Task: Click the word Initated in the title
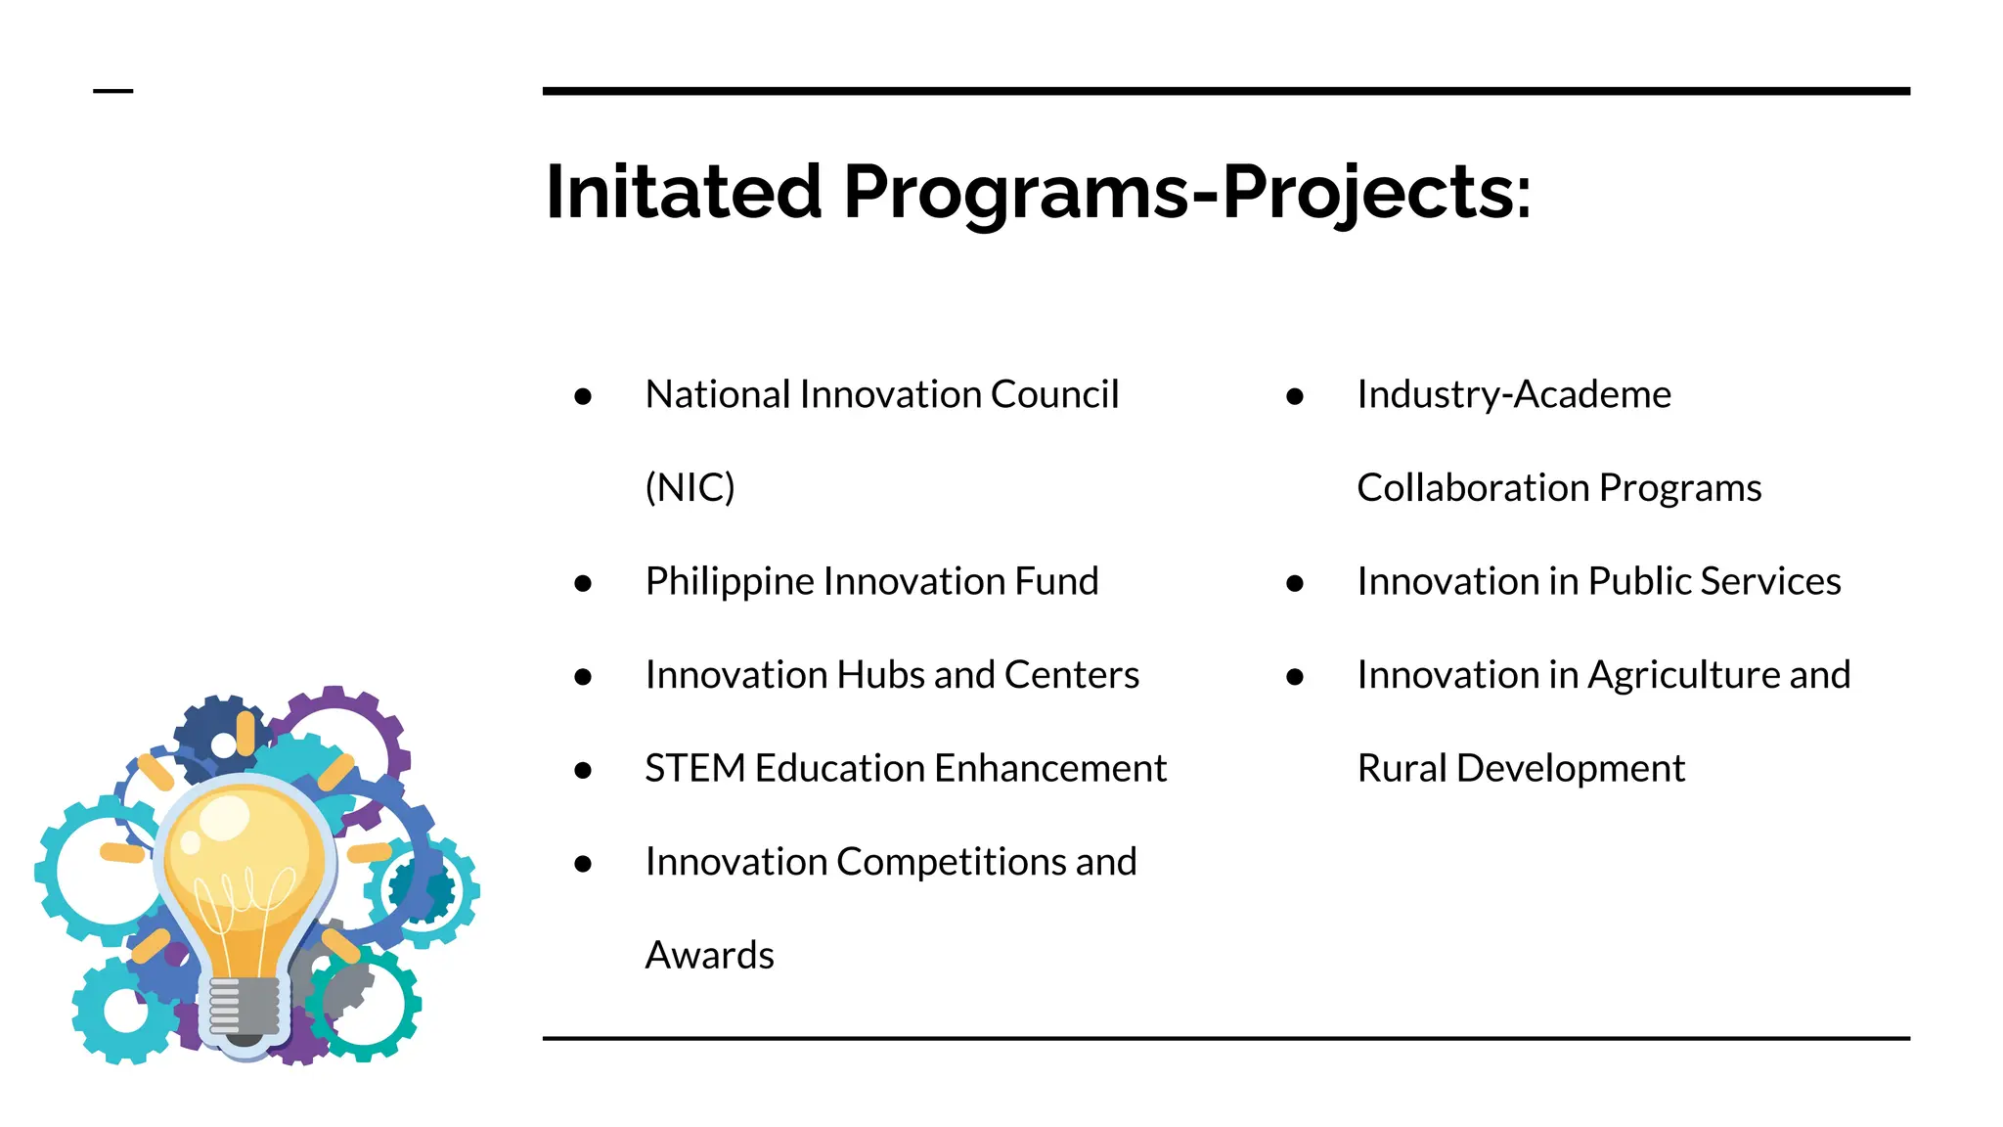coord(683,192)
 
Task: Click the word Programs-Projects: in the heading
coord(1186,192)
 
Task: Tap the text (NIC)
coord(690,487)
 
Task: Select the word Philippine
coord(729,582)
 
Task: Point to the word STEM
coord(694,768)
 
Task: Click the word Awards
coord(709,955)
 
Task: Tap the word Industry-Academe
coord(1513,394)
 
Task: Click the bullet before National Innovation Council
coord(583,396)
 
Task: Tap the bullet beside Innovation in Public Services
coord(1295,584)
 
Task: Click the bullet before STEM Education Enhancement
coord(583,771)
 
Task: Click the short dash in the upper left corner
coord(112,91)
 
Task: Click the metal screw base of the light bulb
coord(244,1007)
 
